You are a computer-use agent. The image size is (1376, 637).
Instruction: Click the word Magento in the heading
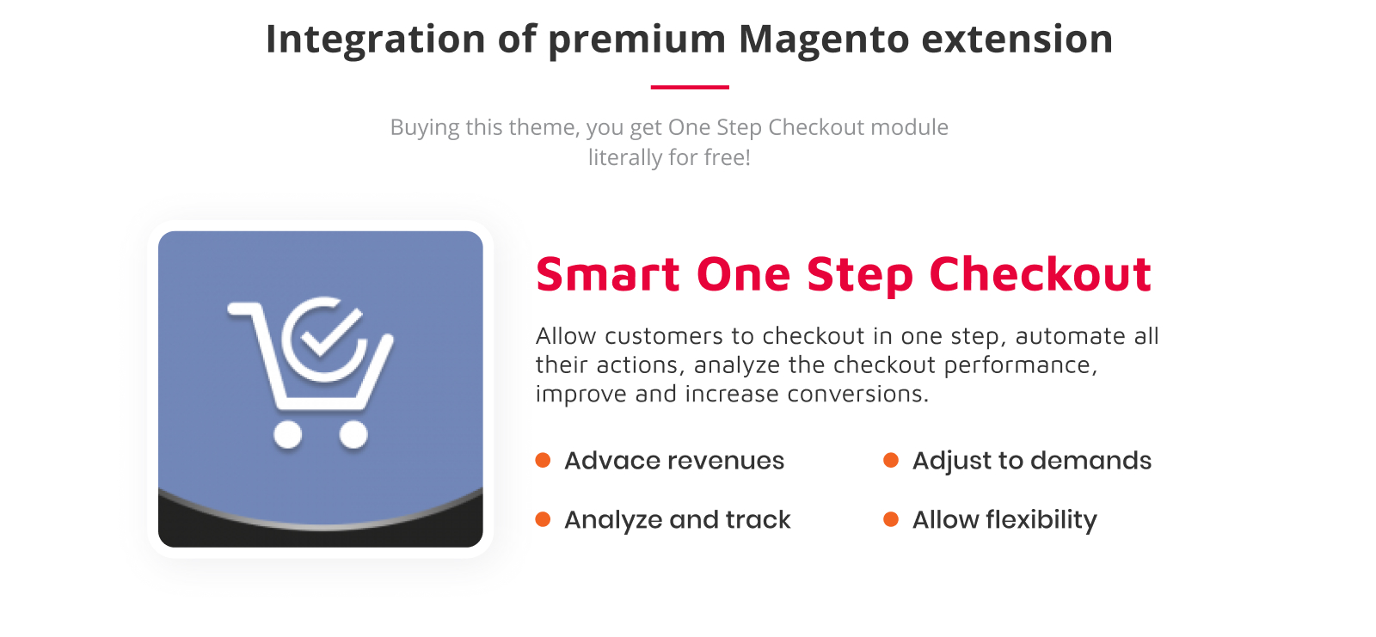[824, 40]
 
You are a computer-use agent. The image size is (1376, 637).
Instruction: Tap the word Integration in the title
[375, 40]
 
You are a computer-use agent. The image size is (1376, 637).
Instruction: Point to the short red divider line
[690, 87]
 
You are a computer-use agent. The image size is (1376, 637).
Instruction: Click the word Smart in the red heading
[607, 274]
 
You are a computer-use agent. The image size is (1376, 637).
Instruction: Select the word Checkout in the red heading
[1040, 274]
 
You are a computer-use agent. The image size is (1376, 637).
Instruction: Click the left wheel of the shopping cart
[287, 434]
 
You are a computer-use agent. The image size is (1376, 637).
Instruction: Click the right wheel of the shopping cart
[353, 434]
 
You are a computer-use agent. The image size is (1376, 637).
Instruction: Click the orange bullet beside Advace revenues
[543, 460]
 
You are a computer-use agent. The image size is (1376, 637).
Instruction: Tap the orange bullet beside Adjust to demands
[891, 460]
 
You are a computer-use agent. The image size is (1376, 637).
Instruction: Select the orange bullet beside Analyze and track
[543, 519]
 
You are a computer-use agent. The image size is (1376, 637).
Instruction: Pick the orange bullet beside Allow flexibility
[891, 519]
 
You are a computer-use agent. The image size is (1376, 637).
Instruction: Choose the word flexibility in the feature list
[1041, 520]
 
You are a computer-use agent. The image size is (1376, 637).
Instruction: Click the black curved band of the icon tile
[320, 536]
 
